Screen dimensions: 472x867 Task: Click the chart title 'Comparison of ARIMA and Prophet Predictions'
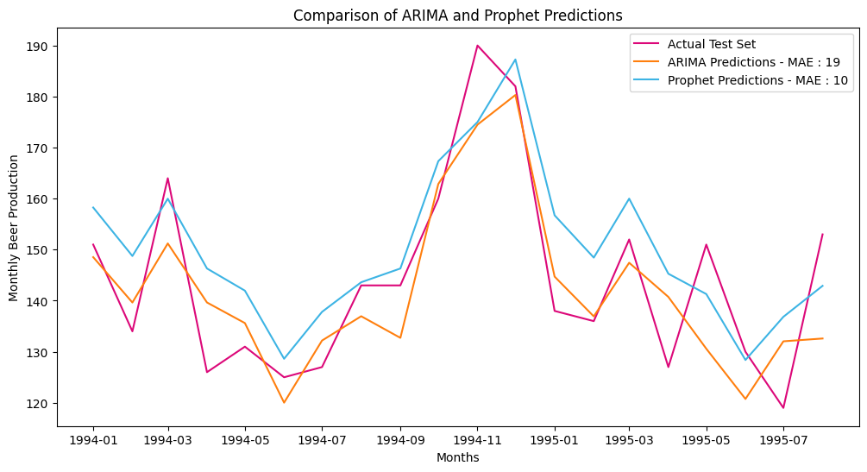pyautogui.click(x=457, y=16)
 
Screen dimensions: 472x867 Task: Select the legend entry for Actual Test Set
pyautogui.click(x=711, y=45)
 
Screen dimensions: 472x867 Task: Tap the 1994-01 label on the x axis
pyautogui.click(x=93, y=440)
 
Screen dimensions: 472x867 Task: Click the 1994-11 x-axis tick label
pyautogui.click(x=477, y=440)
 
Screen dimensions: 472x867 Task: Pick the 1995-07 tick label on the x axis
pyautogui.click(x=783, y=440)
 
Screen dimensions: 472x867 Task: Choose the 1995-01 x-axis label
pyautogui.click(x=555, y=440)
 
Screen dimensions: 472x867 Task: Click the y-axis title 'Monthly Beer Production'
pyautogui.click(x=14, y=228)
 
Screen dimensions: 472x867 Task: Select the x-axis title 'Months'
pyautogui.click(x=457, y=458)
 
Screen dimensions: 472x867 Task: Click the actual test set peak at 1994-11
pyautogui.click(x=477, y=46)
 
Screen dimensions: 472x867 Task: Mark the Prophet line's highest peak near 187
pyautogui.click(x=516, y=60)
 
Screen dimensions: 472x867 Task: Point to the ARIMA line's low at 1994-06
pyautogui.click(x=284, y=403)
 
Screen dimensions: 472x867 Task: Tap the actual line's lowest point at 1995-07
pyautogui.click(x=783, y=408)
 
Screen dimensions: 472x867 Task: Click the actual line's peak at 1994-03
pyautogui.click(x=167, y=179)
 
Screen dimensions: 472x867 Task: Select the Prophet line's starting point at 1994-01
pyautogui.click(x=93, y=207)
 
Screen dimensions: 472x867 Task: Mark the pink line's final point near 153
pyautogui.click(x=822, y=235)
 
